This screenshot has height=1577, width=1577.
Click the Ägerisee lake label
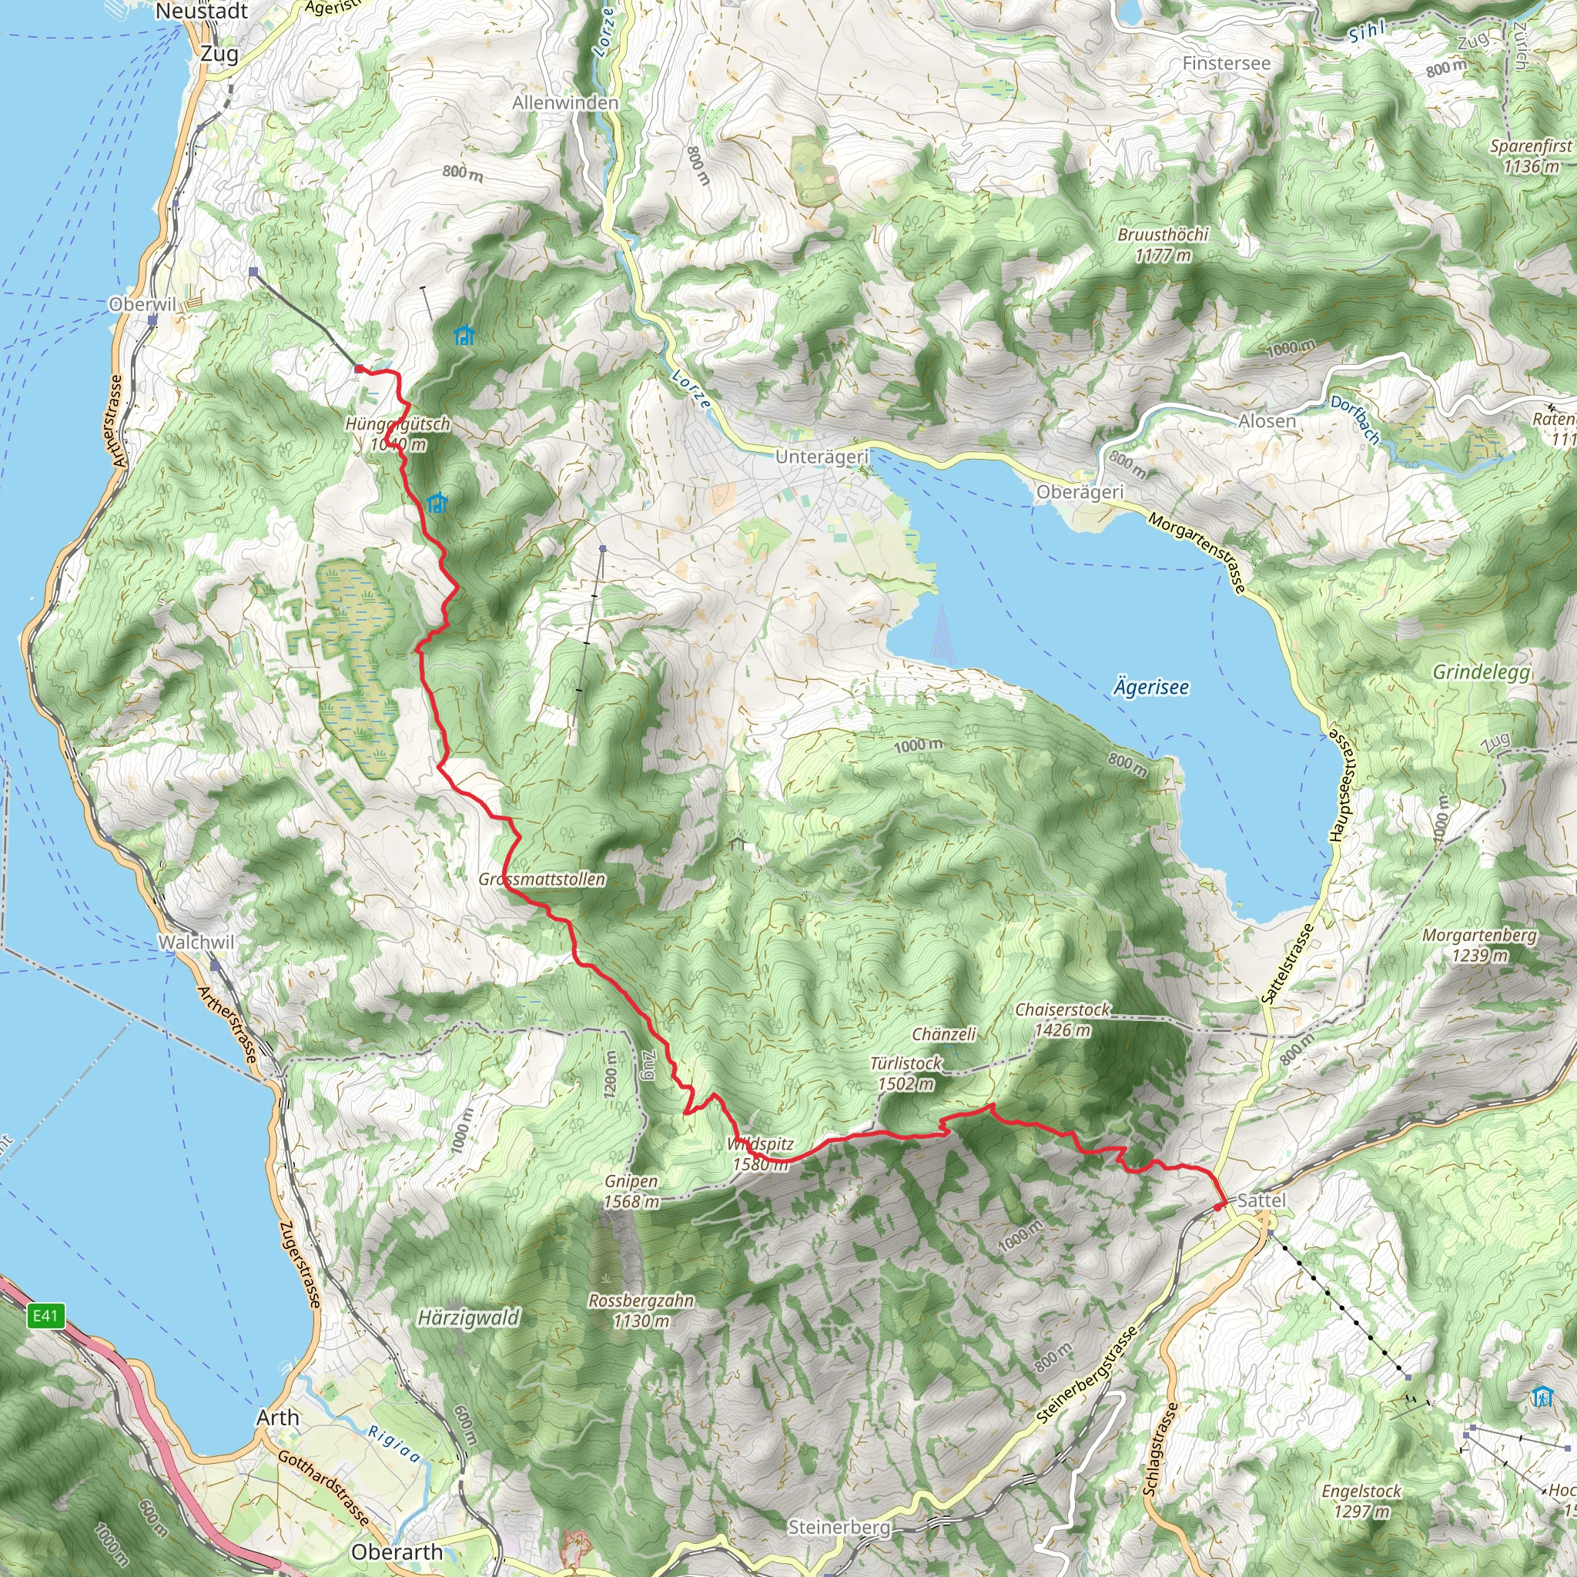1151,688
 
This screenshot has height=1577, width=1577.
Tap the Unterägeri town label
822,457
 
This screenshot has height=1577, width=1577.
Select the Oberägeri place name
1079,492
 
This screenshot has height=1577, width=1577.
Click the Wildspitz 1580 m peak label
760,1154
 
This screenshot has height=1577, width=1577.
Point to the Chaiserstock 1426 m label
1062,1020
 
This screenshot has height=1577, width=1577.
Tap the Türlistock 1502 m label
906,1073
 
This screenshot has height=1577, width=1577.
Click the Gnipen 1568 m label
631,1191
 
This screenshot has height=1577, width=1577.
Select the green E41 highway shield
45,1315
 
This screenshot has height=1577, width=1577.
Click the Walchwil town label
196,942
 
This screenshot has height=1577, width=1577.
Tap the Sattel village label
1261,1200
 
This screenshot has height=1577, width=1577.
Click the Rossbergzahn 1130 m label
641,1310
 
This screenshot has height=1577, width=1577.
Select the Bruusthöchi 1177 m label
1162,245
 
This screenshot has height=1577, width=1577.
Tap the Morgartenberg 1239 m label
1479,944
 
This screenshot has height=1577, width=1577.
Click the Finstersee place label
1226,64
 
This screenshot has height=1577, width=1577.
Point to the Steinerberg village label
839,1526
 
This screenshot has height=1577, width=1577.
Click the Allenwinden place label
565,103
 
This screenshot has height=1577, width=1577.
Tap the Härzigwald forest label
468,1318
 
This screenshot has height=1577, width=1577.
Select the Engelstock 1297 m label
1361,1500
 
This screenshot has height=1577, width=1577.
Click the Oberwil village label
143,304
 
